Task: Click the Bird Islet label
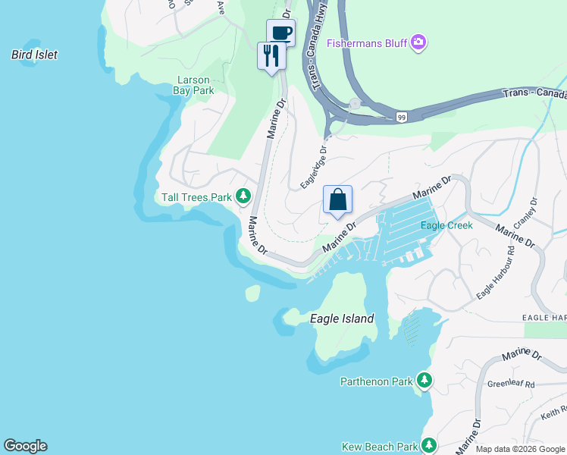tap(35, 55)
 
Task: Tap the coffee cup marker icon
tap(281, 33)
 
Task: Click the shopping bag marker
tap(338, 200)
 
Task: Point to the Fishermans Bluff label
tap(368, 43)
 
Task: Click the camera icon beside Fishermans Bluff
tap(418, 43)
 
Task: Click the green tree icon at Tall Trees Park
tap(243, 197)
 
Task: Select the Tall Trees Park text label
tap(196, 198)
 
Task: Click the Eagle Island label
tap(342, 318)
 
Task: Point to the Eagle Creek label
tap(446, 225)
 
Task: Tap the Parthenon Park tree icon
tap(424, 381)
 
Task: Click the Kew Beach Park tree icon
tap(430, 445)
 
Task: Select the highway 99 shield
tap(401, 117)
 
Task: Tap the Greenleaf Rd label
tap(511, 384)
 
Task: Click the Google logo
tap(25, 446)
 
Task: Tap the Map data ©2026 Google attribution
tap(519, 449)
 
